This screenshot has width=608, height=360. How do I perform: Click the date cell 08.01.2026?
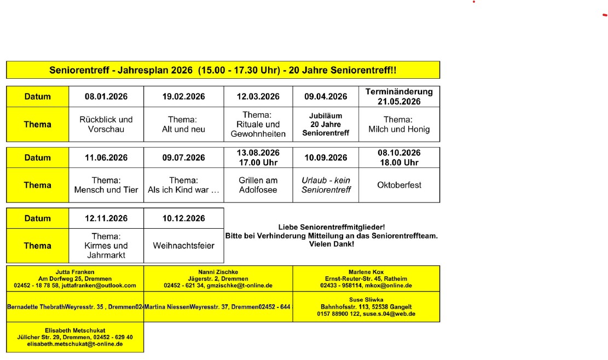[x=106, y=97]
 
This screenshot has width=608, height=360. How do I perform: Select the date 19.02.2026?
[x=183, y=97]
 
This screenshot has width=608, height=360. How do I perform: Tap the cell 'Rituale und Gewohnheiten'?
[x=258, y=124]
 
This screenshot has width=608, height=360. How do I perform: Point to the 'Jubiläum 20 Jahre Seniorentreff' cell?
[x=326, y=124]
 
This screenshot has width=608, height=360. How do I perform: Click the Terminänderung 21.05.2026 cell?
[x=399, y=97]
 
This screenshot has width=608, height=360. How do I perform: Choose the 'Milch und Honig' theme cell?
[x=399, y=125]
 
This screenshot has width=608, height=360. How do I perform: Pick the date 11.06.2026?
[x=106, y=158]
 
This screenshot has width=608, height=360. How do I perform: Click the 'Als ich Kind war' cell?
[x=183, y=185]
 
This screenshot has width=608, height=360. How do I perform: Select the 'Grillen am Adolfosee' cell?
[x=258, y=185]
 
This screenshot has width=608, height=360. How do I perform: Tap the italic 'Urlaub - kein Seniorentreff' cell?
[x=326, y=185]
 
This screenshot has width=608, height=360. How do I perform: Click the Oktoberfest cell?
[x=399, y=185]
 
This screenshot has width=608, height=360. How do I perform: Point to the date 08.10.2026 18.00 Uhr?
[x=399, y=158]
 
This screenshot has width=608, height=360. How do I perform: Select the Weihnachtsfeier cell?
[x=183, y=246]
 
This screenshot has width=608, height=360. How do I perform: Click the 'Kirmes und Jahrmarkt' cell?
[x=106, y=246]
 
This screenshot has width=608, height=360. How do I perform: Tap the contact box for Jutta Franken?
[x=75, y=278]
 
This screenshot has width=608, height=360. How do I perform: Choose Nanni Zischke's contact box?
[x=218, y=278]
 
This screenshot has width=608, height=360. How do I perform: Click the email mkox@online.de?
[x=388, y=286]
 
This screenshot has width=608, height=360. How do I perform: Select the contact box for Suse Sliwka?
[x=366, y=307]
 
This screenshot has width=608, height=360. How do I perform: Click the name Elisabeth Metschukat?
[x=75, y=330]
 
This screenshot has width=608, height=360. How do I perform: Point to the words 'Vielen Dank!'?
[x=332, y=244]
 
